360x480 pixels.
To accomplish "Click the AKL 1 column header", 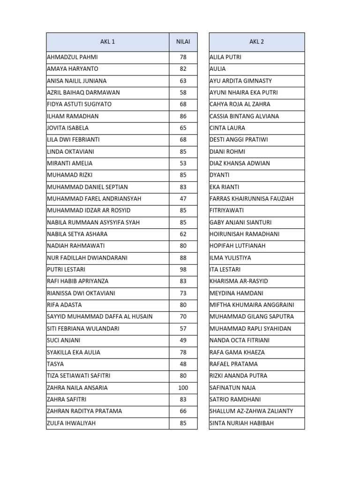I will [x=107, y=42].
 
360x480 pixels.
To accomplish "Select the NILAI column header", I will [x=183, y=42].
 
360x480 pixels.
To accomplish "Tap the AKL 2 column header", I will [x=256, y=42].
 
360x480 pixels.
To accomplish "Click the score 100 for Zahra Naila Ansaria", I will [x=183, y=388].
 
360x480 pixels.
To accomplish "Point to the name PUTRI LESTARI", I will [x=66, y=270].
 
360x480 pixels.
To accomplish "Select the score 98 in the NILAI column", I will [x=183, y=270].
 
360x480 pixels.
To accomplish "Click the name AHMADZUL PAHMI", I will [x=72, y=57].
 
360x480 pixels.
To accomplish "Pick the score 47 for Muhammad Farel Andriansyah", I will [x=183, y=199].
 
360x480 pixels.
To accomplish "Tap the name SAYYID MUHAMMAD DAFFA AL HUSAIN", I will [x=99, y=317].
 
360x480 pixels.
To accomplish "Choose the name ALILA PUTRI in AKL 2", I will [x=225, y=57].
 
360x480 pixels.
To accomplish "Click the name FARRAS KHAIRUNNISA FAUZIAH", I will [x=251, y=199].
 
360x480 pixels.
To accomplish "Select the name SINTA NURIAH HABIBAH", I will [x=241, y=423].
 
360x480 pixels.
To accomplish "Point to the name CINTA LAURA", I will [x=227, y=128].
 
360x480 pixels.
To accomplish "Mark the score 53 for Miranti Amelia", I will [x=183, y=163].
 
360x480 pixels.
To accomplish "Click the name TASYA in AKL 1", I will [x=55, y=364].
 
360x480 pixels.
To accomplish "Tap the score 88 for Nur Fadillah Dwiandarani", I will [x=183, y=258].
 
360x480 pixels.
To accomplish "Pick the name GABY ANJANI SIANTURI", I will [x=240, y=222].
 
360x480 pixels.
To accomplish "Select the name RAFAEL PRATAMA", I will [x=233, y=364].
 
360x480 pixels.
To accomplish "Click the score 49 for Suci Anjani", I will [x=183, y=340].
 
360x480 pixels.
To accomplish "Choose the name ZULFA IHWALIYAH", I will [x=72, y=423].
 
